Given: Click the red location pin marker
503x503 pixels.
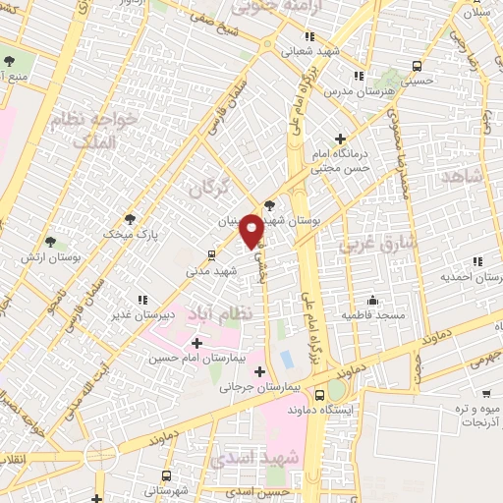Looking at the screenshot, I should pos(251,230).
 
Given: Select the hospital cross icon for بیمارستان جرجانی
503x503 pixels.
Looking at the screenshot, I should pos(259,371).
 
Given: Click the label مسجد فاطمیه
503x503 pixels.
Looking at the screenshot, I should pos(372,316).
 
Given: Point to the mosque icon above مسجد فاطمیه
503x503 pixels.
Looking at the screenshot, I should pos(372,300).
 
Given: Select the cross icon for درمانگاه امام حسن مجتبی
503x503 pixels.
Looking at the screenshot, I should pos(340,139).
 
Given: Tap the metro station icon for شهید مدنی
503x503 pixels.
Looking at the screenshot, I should pos(211,254).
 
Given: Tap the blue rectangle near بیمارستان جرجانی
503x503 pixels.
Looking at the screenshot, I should pos(286,360).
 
